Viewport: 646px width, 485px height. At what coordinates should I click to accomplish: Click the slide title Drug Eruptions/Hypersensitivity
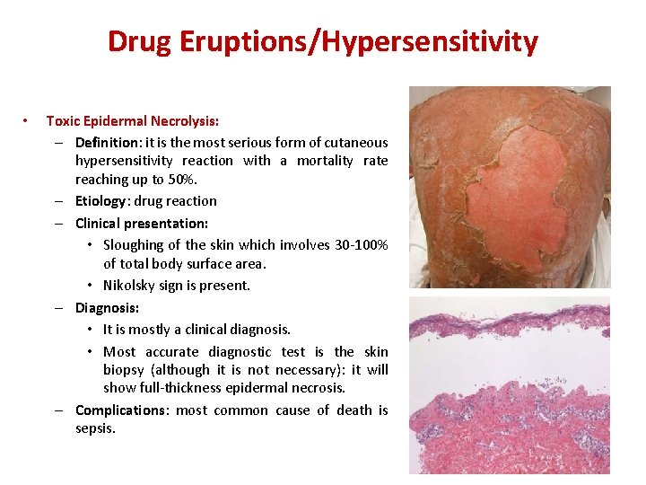322,41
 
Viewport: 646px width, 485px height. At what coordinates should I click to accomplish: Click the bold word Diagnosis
106,307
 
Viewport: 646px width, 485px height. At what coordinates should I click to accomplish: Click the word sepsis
94,428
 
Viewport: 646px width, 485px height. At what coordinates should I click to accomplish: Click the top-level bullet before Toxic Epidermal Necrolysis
28,120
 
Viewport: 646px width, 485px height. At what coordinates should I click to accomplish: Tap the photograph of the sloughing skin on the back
509,186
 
